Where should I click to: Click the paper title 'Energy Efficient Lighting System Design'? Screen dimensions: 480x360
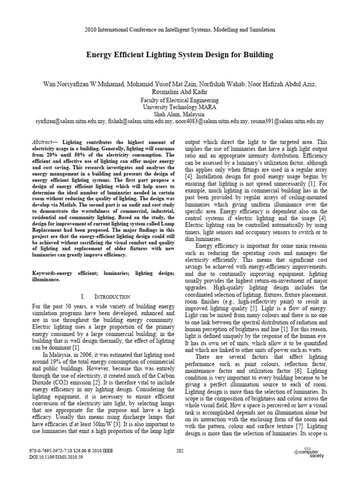[180, 55]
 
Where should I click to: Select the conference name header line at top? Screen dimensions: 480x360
[180, 30]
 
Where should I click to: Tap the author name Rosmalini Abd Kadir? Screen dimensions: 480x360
[180, 92]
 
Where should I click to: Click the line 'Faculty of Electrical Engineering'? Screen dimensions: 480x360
[180, 100]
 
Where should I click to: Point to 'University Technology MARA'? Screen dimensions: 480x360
[180, 107]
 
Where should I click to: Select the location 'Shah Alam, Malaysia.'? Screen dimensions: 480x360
[180, 114]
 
